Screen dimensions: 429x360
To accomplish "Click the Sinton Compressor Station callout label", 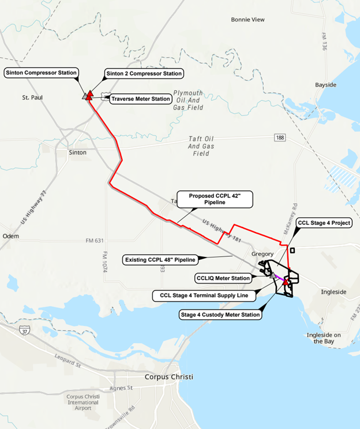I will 42,73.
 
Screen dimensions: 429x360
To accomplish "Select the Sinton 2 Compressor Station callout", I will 144,73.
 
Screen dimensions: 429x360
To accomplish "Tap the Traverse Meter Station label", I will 140,99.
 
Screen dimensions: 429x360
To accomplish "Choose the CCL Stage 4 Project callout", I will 322,222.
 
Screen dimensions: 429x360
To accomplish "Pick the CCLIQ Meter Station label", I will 223,278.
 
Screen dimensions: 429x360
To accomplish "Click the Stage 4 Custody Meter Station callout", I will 219,315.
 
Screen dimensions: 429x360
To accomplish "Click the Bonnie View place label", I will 247,20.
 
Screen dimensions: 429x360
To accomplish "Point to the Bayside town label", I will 325,85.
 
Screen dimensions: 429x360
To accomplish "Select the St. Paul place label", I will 33,97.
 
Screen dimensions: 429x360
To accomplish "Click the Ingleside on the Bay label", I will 324,338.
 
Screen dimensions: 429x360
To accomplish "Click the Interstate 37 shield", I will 24,331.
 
